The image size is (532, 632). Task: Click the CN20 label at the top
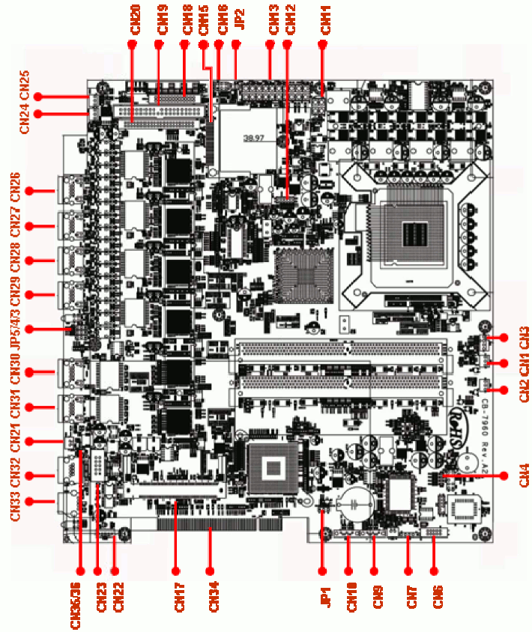134,18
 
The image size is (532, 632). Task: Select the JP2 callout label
239,19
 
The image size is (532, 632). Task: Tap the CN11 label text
324,19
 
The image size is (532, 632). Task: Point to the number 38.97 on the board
256,138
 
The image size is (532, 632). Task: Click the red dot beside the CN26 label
30,191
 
